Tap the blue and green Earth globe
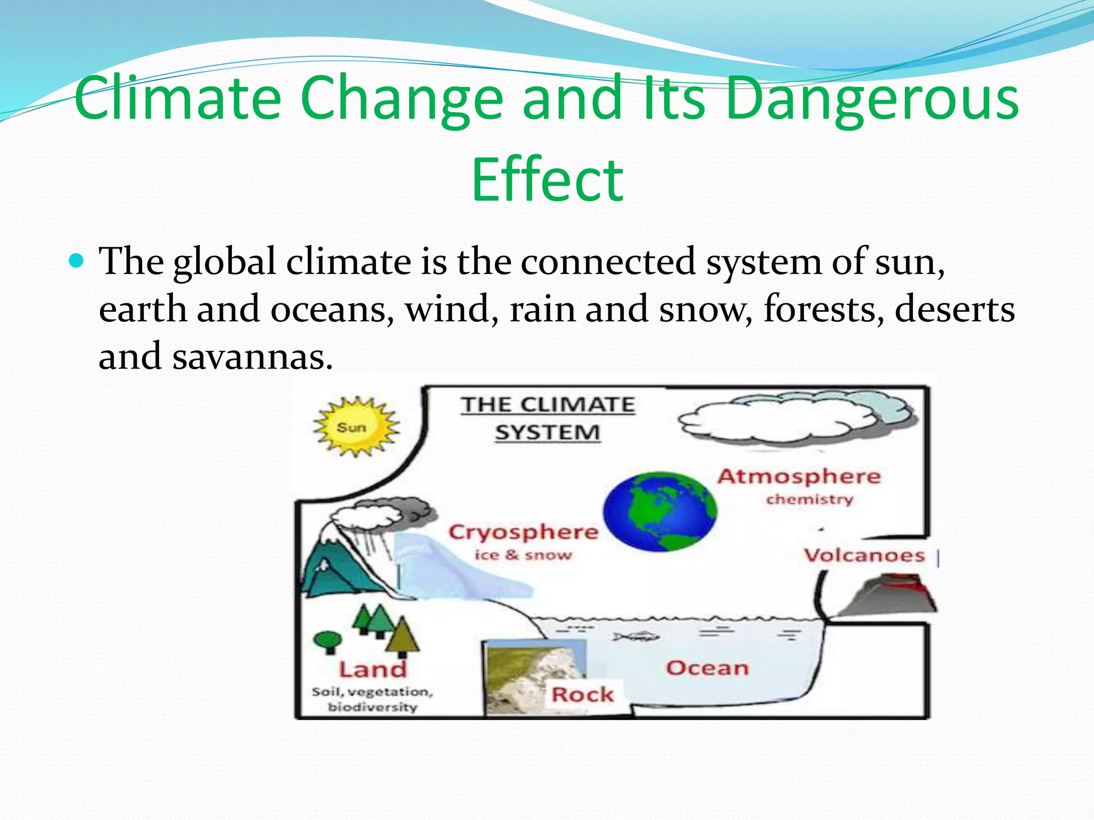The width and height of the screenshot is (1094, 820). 660,511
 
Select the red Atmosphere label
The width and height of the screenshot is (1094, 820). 799,476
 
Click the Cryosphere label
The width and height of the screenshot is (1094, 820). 523,532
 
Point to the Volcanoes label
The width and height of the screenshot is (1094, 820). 864,555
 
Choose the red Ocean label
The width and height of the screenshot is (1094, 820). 707,668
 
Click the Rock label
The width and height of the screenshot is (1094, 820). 582,695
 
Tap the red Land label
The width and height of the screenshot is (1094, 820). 373,669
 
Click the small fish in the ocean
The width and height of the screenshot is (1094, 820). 636,636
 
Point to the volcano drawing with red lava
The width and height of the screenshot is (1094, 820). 887,595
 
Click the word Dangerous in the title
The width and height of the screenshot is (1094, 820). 872,99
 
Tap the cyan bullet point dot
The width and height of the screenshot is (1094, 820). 77,261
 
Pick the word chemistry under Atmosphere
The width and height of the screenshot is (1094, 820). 809,500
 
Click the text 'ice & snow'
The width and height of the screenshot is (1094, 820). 523,555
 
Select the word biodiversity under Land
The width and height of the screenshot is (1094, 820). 372,707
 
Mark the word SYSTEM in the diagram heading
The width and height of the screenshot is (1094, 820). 548,432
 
